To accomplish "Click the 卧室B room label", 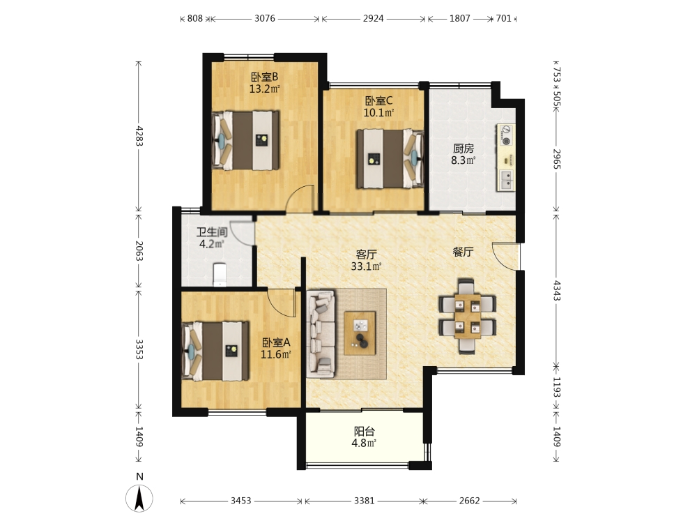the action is [x=264, y=77].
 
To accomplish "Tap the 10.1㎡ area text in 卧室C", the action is [x=378, y=113].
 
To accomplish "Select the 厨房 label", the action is [x=464, y=149].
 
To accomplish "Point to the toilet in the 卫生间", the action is [x=220, y=275].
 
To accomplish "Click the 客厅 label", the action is [x=367, y=255].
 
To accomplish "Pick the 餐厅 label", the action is [x=464, y=252].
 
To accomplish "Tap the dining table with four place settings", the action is [x=467, y=316].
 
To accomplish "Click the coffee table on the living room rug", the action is [x=360, y=333].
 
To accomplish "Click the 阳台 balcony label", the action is [x=364, y=432].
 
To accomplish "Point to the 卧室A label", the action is [x=275, y=343].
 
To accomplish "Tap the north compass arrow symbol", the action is [x=139, y=499].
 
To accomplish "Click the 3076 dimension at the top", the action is [x=264, y=19].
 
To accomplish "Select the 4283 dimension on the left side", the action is [x=139, y=136].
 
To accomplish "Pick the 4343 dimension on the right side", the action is [x=556, y=290].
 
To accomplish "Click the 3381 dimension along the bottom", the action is [x=364, y=501].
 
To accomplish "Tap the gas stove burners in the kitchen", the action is [x=505, y=135].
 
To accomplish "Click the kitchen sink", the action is [x=506, y=180].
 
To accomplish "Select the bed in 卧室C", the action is [x=390, y=158].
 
